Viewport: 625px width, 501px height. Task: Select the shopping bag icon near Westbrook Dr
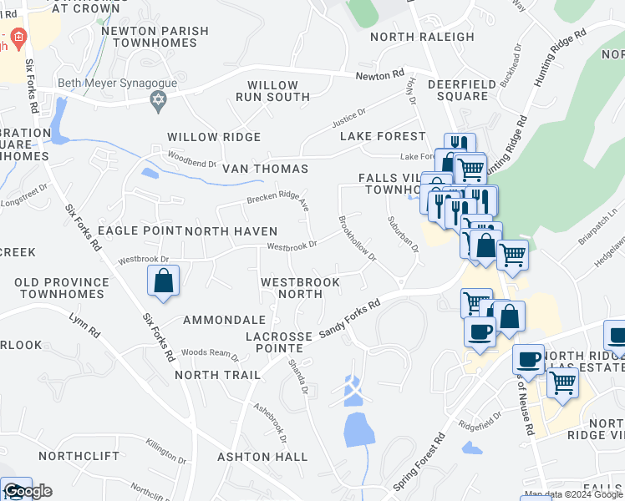pos(164,281)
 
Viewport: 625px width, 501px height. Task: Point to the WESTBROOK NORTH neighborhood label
pos(300,288)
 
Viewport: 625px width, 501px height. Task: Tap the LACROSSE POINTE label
pos(279,342)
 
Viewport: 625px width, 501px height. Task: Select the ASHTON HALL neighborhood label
pos(262,457)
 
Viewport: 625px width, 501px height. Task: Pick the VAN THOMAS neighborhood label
pos(265,169)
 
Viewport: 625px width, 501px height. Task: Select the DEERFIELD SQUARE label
pos(458,90)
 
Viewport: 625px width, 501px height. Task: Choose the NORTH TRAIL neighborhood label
pos(218,375)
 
